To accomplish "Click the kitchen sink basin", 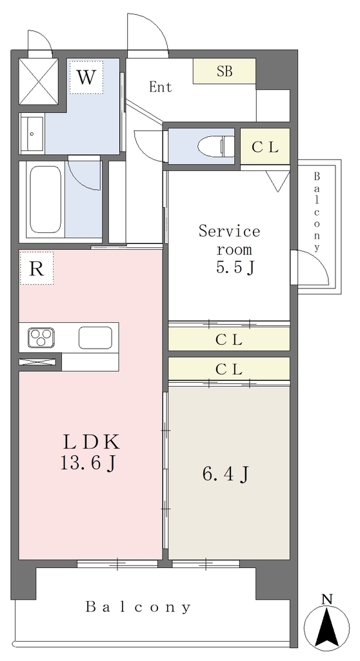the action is point(95,338).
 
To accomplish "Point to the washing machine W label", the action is point(86,77).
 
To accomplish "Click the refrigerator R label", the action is point(37,269).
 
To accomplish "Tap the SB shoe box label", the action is point(225,71).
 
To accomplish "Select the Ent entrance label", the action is point(161,87).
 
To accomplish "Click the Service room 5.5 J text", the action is point(229,249).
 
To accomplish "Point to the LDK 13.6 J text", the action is point(90,453).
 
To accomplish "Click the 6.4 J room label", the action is point(225,475).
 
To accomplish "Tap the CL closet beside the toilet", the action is point(265,147).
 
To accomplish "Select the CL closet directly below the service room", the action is point(229,339).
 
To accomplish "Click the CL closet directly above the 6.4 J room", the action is point(229,369).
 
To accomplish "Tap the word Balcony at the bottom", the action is point(138,607).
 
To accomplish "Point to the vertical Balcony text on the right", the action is point(317,212).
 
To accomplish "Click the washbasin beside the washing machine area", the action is point(32,134).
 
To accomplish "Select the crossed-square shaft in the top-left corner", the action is point(38,81).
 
